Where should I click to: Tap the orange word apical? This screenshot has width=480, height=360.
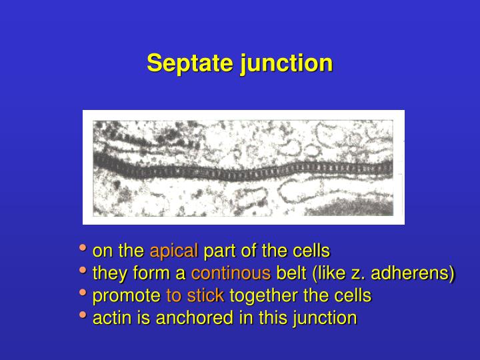coord(173,251)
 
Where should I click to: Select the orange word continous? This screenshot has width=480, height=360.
coord(231,273)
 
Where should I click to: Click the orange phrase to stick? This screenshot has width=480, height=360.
coord(195,295)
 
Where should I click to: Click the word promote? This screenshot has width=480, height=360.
coord(127,295)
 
